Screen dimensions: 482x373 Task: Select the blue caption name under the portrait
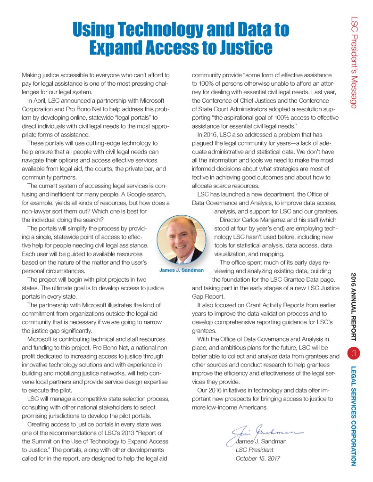tap(182, 270)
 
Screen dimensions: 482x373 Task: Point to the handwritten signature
tap(266, 431)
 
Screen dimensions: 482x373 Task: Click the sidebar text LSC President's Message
tap(357, 61)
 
